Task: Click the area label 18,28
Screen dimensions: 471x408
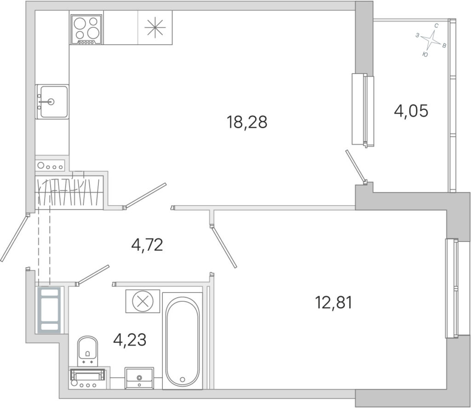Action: point(247,122)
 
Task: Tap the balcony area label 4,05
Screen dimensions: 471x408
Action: point(411,111)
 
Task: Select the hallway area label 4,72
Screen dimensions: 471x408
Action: point(147,245)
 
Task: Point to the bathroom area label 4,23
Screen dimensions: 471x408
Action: point(130,340)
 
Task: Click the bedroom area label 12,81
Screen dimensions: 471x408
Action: point(333,302)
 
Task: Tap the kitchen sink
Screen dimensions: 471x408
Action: point(52,102)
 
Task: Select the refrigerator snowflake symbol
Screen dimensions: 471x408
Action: point(155,28)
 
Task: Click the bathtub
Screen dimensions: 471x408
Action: point(182,341)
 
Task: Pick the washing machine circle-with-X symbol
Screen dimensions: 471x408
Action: point(143,301)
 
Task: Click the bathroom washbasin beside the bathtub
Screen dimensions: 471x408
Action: point(139,378)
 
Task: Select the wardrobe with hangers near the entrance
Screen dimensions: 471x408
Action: point(69,192)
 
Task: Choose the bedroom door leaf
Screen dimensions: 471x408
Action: point(224,247)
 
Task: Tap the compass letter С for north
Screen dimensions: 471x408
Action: point(437,26)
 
